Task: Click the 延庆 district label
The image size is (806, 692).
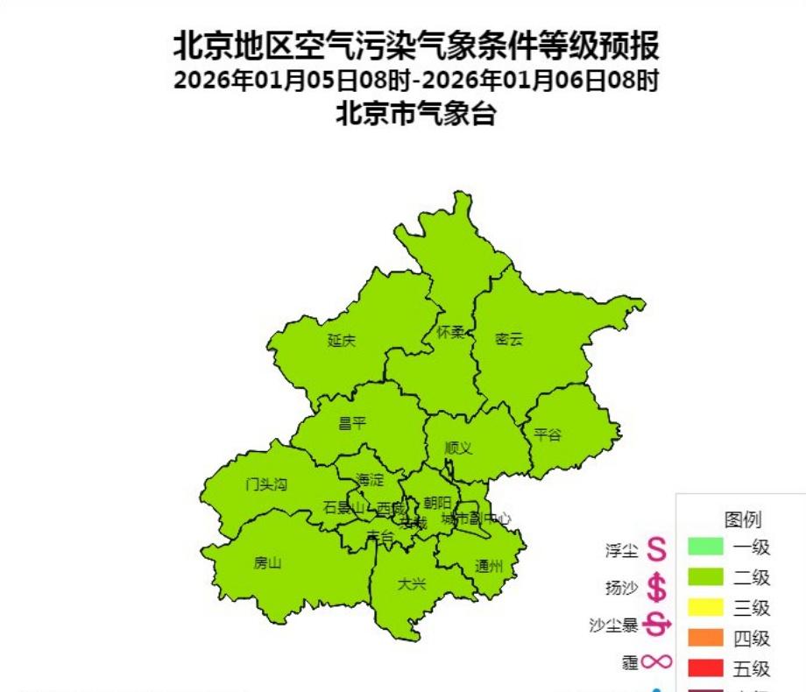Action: click(342, 341)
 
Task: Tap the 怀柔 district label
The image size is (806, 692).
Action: click(451, 333)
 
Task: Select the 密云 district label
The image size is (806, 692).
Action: click(508, 339)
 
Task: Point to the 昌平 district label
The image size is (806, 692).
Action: click(352, 423)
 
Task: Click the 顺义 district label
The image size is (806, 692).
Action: click(457, 448)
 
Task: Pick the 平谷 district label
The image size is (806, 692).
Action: click(548, 434)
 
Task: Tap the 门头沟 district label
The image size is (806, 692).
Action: click(266, 484)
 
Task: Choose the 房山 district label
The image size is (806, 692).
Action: click(267, 563)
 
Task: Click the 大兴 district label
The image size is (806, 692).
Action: click(411, 583)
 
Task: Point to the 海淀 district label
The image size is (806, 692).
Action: click(370, 480)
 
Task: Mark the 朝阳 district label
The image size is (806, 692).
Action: click(437, 503)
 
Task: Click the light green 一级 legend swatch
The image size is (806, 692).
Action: click(705, 547)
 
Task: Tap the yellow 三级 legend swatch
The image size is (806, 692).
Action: click(705, 607)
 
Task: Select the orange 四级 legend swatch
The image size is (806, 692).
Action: click(705, 638)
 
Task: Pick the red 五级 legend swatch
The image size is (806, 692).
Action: click(705, 668)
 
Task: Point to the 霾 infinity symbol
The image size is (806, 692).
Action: click(655, 663)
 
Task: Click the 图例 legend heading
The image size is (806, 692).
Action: click(742, 520)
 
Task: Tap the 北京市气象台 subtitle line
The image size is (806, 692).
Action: click(416, 114)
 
